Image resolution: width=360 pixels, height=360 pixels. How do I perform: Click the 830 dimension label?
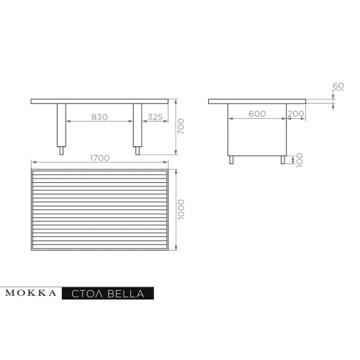click(99, 117)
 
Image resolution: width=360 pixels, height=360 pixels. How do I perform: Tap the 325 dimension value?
click(155, 117)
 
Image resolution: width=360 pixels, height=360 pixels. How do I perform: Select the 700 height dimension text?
click(181, 127)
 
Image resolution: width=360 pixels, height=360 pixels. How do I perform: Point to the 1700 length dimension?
click(100, 158)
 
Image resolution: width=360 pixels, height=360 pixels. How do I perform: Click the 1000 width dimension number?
click(181, 209)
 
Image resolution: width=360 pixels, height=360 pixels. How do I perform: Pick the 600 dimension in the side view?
click(257, 114)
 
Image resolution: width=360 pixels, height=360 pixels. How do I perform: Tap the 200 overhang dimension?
click(296, 114)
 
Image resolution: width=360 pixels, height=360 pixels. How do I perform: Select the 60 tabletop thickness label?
click(338, 86)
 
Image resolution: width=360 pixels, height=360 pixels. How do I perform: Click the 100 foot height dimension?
click(300, 160)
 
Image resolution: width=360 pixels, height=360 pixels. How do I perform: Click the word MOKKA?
click(31, 293)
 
